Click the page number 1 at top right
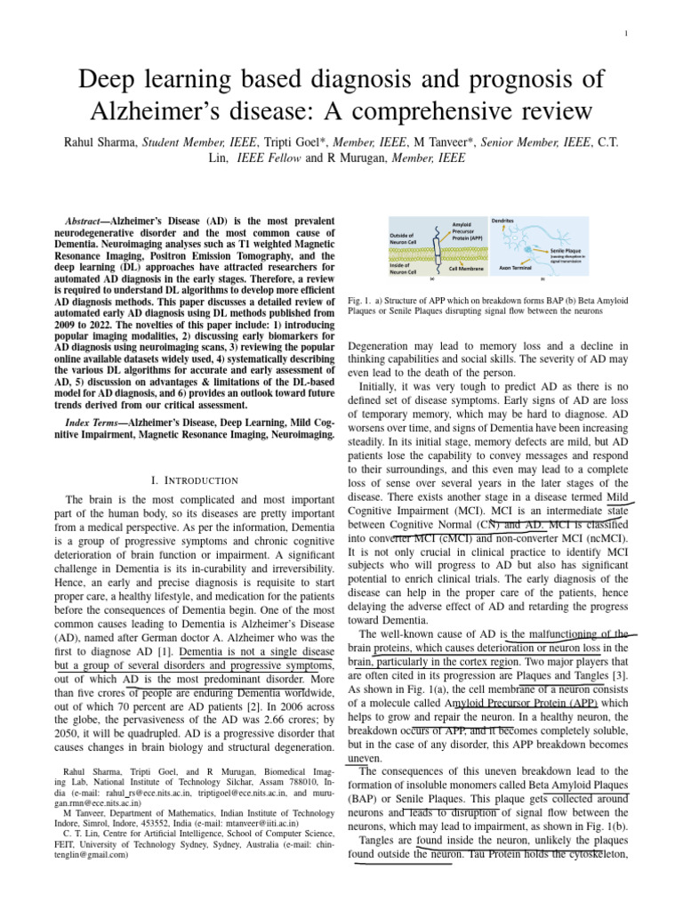pyautogui.click(x=627, y=35)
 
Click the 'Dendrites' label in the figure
pyautogui.click(x=504, y=222)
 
